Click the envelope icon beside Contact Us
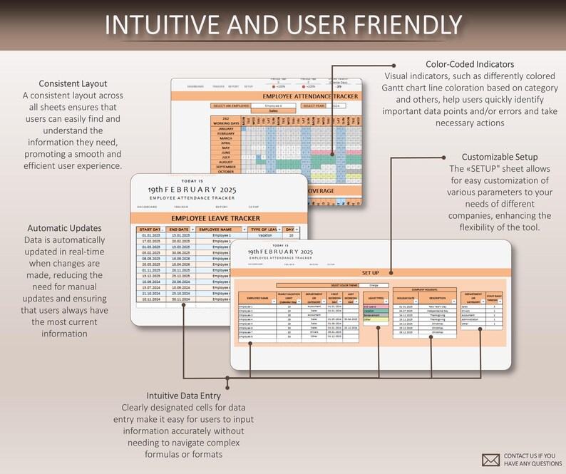(x=491, y=460)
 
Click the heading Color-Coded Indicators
(x=470, y=64)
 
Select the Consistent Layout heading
(x=73, y=83)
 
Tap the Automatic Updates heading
(x=63, y=228)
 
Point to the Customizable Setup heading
(x=500, y=157)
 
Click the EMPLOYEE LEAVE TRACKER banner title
(x=218, y=216)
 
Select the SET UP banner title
(x=371, y=272)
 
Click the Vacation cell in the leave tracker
(x=265, y=235)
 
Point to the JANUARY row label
(x=225, y=128)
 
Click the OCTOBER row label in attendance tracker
(x=225, y=171)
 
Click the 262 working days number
(x=225, y=119)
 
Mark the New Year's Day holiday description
(x=437, y=307)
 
